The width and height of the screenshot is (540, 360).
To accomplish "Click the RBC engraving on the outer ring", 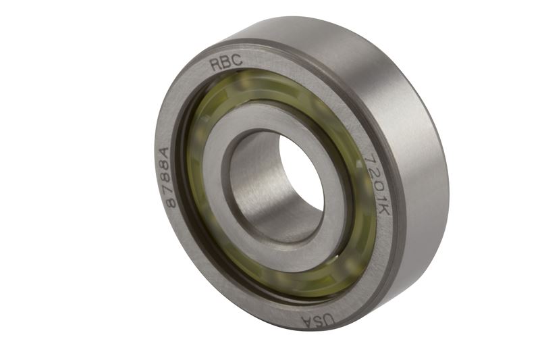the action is pos(226,62).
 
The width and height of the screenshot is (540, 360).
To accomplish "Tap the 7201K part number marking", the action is pos(377,184).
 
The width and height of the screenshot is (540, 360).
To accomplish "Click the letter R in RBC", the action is pos(215,65).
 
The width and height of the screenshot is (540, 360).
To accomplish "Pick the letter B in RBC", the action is pos(226,62).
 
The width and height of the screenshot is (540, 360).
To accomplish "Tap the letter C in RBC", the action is pos(237,60).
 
